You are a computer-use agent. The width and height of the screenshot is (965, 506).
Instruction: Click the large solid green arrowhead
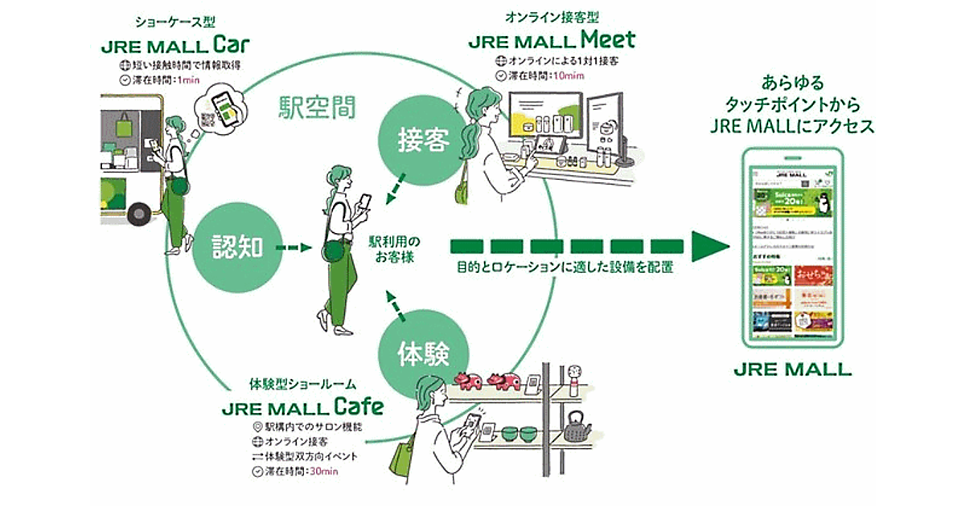click(x=708, y=246)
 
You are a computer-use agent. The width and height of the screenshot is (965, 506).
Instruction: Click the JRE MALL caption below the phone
click(x=792, y=370)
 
